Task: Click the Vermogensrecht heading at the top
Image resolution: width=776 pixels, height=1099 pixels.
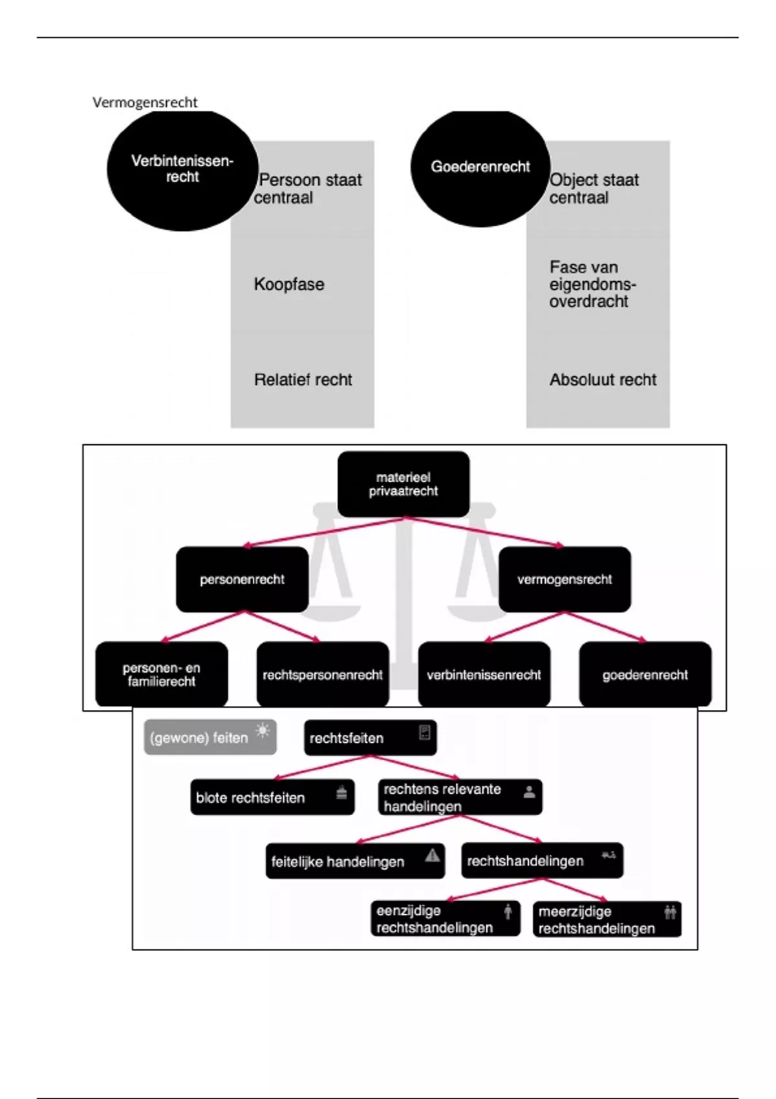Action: pyautogui.click(x=145, y=102)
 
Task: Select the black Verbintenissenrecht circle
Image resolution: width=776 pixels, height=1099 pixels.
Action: pyautogui.click(x=182, y=169)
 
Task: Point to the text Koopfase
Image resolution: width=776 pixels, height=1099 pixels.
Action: pyautogui.click(x=289, y=284)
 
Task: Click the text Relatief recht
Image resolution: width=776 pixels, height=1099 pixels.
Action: pyautogui.click(x=303, y=379)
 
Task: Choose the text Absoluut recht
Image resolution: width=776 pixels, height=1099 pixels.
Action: pyautogui.click(x=603, y=379)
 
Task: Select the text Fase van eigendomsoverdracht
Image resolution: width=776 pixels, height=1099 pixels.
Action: pyautogui.click(x=592, y=284)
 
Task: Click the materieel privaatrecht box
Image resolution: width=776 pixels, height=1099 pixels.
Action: pyautogui.click(x=404, y=484)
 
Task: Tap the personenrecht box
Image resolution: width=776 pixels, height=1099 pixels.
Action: pyautogui.click(x=242, y=579)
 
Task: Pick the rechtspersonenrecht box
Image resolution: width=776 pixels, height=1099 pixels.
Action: pyautogui.click(x=323, y=675)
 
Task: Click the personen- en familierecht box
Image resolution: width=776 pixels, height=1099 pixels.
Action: pyautogui.click(x=162, y=674)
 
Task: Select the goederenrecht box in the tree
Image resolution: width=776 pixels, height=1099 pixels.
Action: pyautogui.click(x=645, y=675)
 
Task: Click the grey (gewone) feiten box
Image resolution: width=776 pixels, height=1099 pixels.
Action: pyautogui.click(x=210, y=737)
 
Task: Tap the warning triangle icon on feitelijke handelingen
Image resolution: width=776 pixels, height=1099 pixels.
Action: pyautogui.click(x=433, y=856)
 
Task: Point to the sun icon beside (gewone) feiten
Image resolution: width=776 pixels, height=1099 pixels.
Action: pyautogui.click(x=263, y=731)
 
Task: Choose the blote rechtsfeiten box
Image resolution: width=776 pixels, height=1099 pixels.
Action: pyautogui.click(x=272, y=797)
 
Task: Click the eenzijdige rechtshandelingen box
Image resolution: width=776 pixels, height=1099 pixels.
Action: pyautogui.click(x=446, y=919)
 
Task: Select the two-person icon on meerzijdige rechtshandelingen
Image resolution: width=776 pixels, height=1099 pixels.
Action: pyautogui.click(x=670, y=912)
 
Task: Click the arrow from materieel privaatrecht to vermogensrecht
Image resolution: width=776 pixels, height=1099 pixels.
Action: pyautogui.click(x=485, y=532)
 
